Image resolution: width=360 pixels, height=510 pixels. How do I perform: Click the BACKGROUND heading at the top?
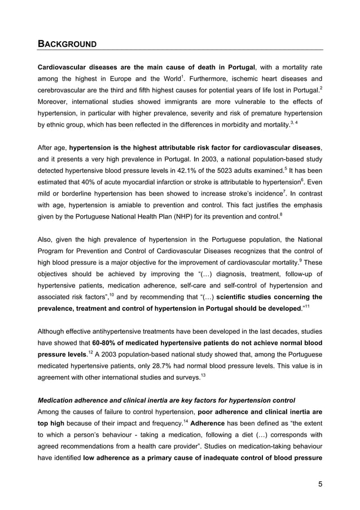67,43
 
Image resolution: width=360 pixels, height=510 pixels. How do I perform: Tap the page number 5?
319,482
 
